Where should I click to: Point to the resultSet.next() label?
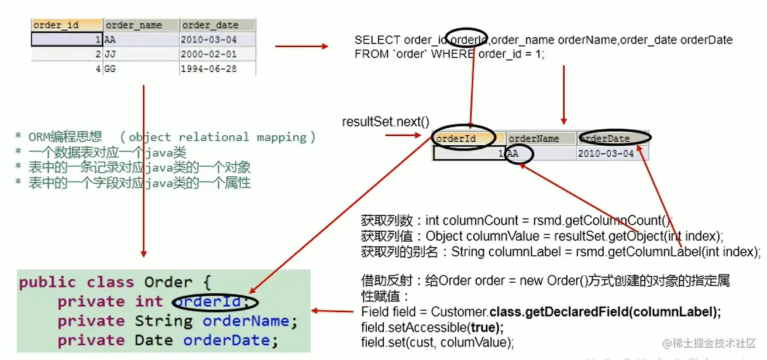[x=386, y=122]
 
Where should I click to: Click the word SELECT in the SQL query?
[x=377, y=40]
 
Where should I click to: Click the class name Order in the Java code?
[x=168, y=282]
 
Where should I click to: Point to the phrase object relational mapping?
[x=216, y=137]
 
